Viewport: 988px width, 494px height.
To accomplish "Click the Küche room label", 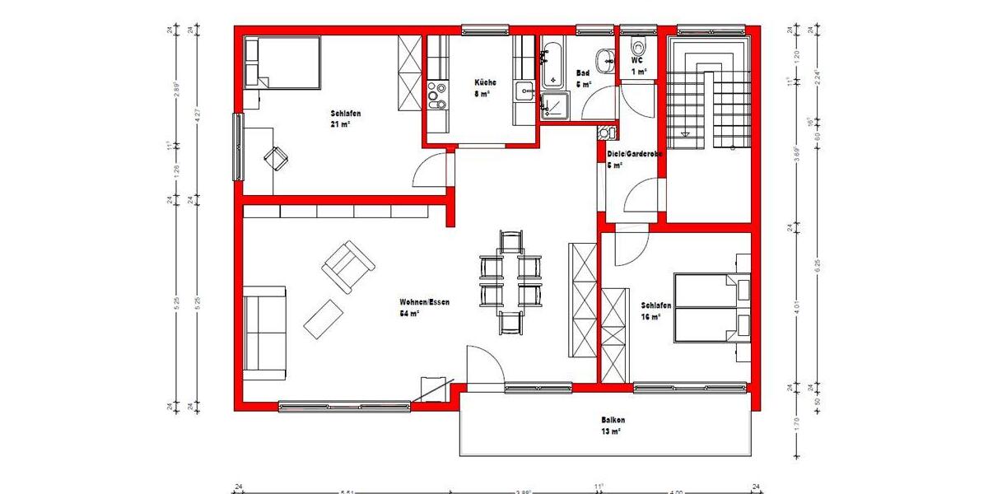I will pos(485,82).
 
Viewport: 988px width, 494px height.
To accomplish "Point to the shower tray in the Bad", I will pos(553,107).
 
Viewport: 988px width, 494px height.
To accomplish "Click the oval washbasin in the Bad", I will pos(608,58).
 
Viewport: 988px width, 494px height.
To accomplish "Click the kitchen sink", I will pos(524,90).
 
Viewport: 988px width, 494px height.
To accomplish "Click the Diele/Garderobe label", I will pos(634,153).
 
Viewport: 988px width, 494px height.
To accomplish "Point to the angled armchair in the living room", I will pos(348,265).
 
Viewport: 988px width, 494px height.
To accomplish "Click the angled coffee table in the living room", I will pos(324,319).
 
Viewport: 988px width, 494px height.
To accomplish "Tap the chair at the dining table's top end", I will pos(510,242).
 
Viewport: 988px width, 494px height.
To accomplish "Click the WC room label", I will pos(636,60).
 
